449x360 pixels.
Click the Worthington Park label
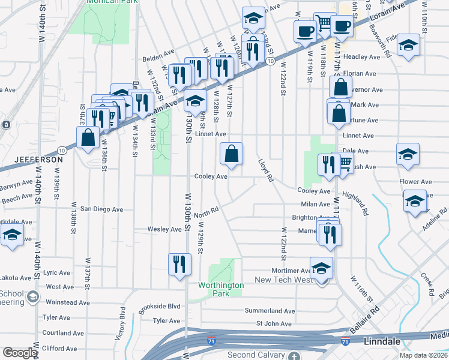[221, 290]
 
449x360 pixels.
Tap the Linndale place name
[384, 341]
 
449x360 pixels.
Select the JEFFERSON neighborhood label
[38, 160]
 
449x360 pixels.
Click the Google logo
[19, 353]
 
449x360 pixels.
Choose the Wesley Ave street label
[164, 229]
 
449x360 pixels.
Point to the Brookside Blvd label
[159, 306]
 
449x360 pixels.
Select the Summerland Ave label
[270, 311]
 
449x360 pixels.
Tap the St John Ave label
[274, 324]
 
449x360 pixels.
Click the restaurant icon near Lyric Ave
[179, 265]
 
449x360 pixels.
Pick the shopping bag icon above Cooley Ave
[231, 154]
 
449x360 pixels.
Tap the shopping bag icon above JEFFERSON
[88, 137]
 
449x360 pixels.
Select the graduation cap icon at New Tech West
[321, 268]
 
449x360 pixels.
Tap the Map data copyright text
[422, 355]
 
